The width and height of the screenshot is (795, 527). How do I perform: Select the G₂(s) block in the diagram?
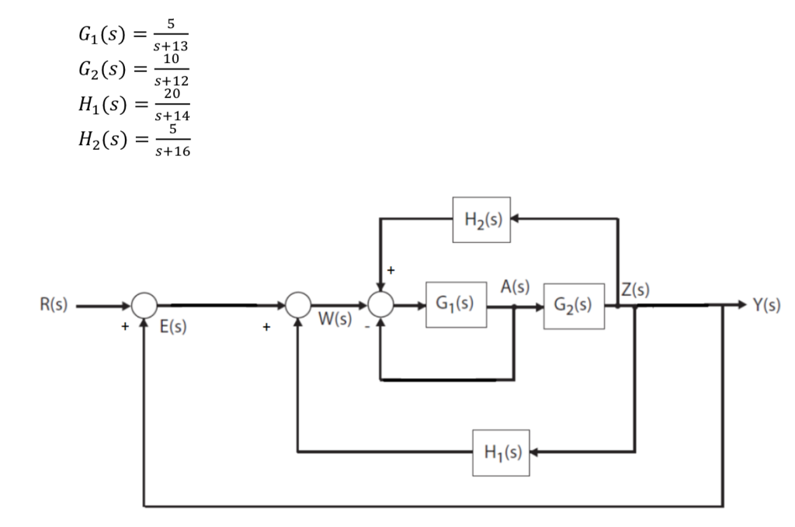(573, 305)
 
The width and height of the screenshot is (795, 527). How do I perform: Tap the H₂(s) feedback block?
(481, 219)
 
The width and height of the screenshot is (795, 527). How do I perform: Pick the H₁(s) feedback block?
(501, 452)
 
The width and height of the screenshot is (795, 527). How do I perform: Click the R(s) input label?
(54, 305)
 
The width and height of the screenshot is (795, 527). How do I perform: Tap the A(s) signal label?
(515, 286)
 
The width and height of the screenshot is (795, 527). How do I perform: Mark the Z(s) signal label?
(635, 290)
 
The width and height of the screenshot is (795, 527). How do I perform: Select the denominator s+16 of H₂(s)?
(173, 150)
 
